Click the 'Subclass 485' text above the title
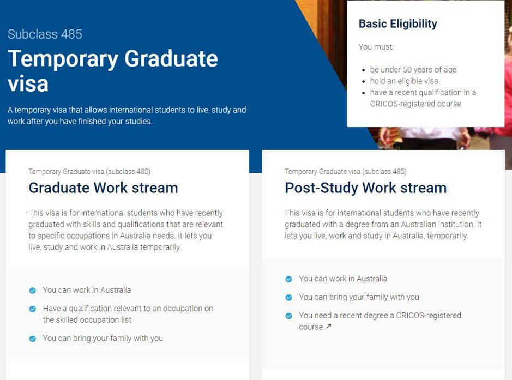point(45,34)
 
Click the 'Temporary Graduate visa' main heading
point(113,71)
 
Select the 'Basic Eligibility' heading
point(397,24)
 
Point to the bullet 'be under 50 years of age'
point(413,70)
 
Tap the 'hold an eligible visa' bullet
point(404,81)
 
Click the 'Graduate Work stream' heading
point(103,188)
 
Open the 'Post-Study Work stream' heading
point(366,188)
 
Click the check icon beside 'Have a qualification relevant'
point(32,309)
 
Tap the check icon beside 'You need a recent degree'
point(288,316)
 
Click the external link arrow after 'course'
point(329,326)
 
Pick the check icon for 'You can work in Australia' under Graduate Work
point(32,291)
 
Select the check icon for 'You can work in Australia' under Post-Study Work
point(288,279)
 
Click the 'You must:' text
point(376,47)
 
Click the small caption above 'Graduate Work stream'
point(89,172)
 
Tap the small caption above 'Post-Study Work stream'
point(346,172)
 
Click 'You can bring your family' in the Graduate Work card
point(103,338)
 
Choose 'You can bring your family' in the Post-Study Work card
point(359,297)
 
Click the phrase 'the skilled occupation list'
point(87,320)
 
